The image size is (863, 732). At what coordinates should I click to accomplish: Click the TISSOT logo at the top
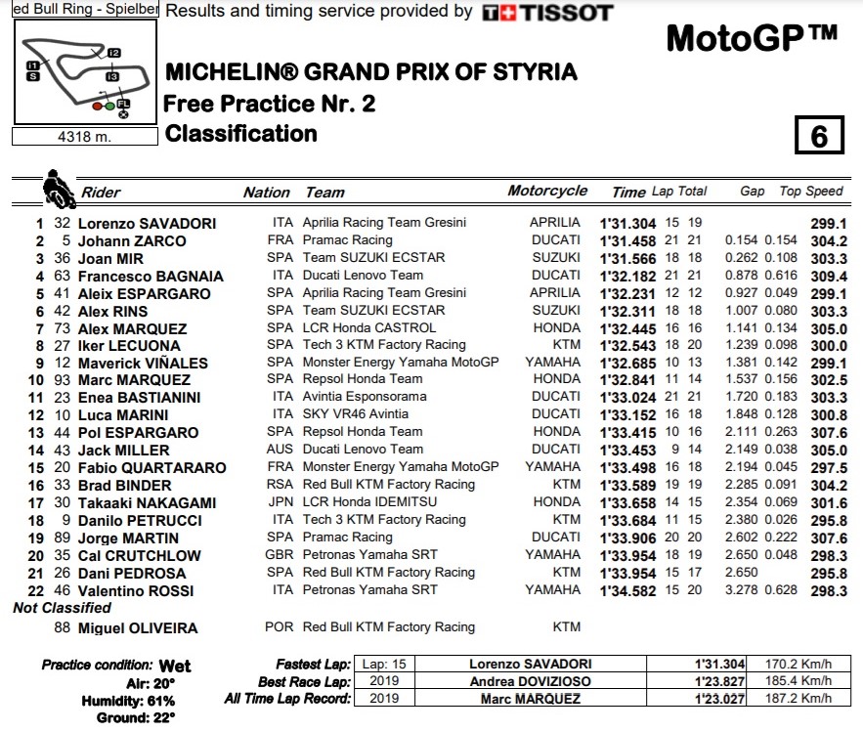(x=548, y=13)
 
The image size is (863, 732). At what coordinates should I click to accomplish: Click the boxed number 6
(x=819, y=136)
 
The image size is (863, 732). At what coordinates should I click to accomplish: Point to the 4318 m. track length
(x=85, y=137)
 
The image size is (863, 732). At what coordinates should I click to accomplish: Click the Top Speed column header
(x=810, y=192)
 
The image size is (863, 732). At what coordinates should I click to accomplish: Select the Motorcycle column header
(x=547, y=192)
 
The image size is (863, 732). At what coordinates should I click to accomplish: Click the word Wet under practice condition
(x=175, y=667)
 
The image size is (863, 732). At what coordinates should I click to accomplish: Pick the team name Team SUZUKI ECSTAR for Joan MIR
(x=373, y=258)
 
